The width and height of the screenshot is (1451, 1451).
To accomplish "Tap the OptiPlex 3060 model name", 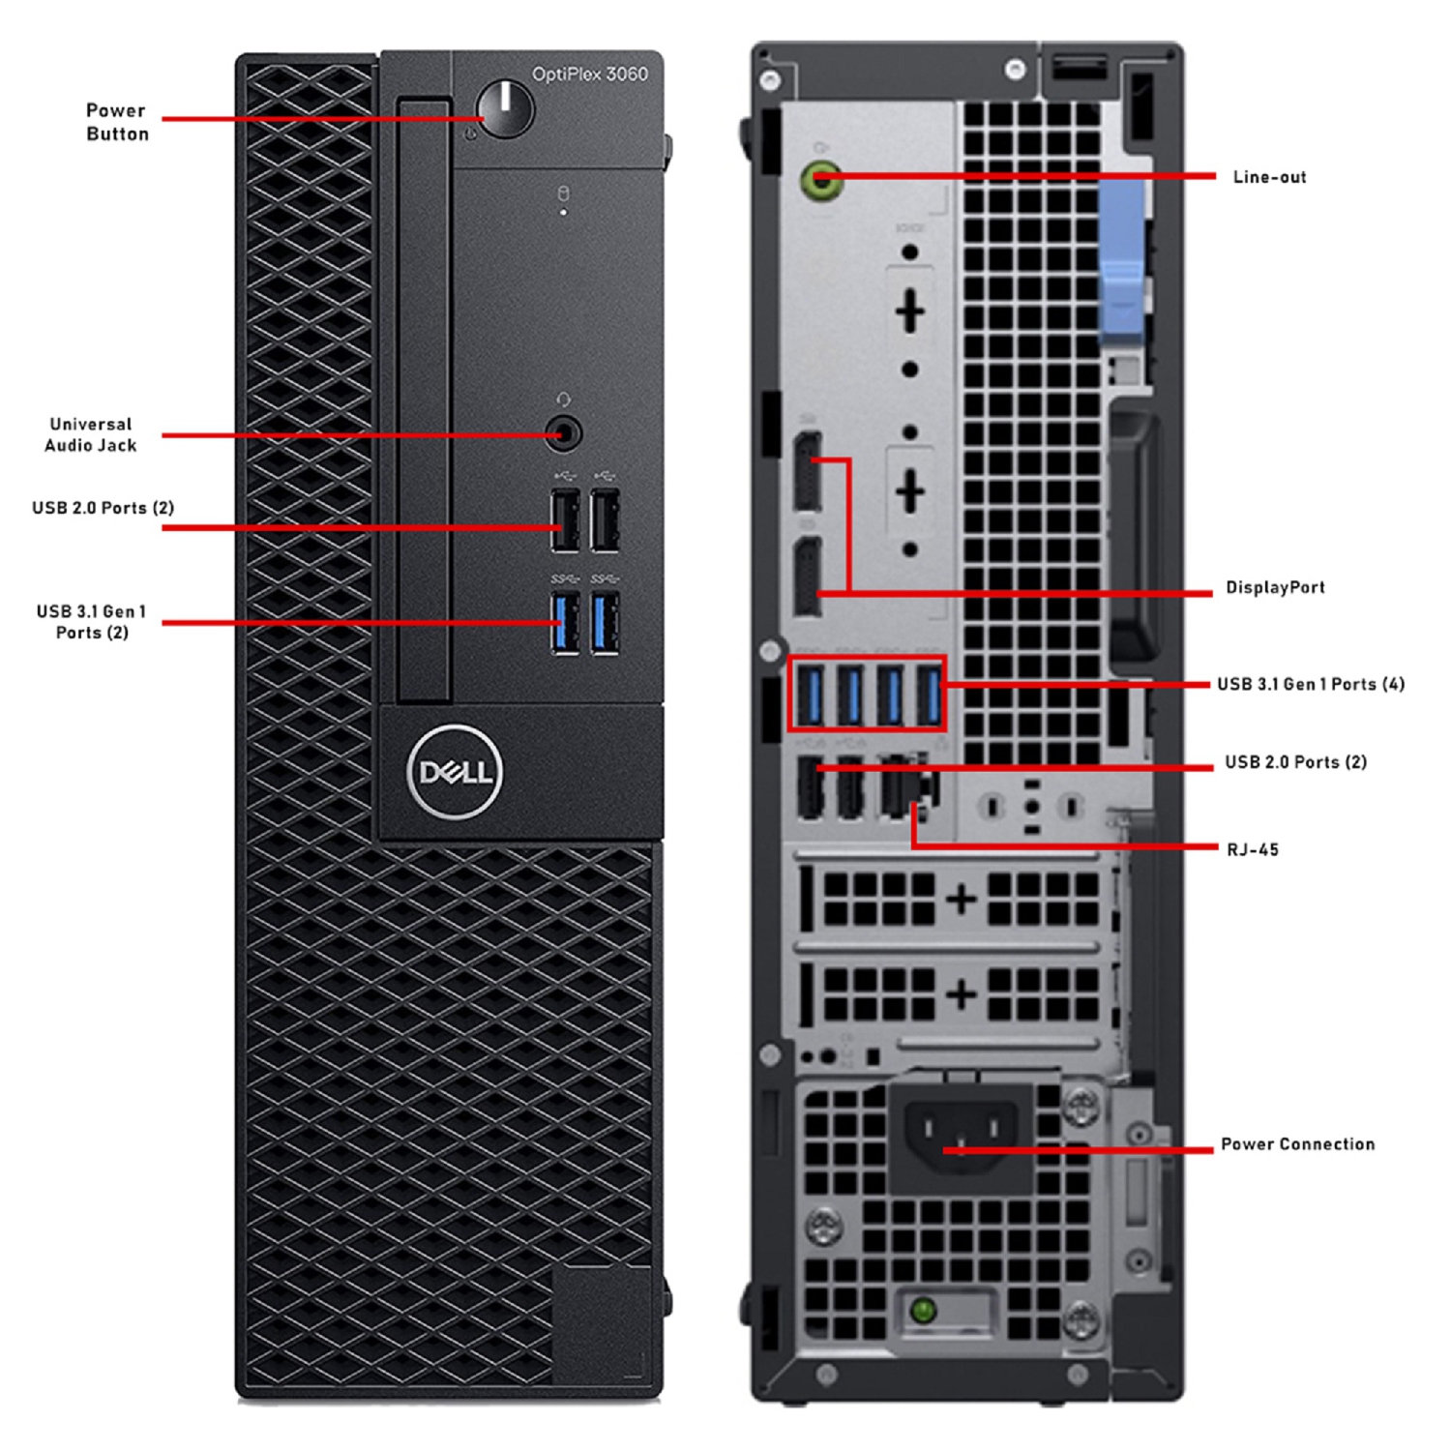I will click(x=589, y=74).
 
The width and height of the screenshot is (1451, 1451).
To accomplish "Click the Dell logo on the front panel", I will click(x=455, y=772).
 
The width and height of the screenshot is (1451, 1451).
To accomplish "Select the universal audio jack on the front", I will click(x=563, y=432).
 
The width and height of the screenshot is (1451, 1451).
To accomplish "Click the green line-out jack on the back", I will click(x=821, y=179).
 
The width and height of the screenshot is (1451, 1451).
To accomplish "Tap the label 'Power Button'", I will click(x=117, y=122).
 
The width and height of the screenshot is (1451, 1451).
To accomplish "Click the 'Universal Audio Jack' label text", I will click(x=91, y=434).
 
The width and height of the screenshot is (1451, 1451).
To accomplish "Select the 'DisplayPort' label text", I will click(x=1275, y=587).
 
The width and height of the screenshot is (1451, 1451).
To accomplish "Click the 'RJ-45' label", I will click(x=1253, y=849).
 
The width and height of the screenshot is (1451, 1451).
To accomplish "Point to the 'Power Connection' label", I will click(x=1297, y=1144).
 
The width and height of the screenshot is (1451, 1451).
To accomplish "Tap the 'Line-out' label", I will click(x=1269, y=177).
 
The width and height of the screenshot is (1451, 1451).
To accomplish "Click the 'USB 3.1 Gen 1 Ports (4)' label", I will click(x=1311, y=684).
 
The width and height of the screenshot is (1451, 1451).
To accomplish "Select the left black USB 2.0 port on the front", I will click(x=565, y=521).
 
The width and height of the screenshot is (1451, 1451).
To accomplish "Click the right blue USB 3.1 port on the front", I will click(x=606, y=623).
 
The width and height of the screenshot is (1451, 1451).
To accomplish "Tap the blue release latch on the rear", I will click(x=1122, y=261).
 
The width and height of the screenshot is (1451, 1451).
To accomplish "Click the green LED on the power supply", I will click(x=923, y=1311).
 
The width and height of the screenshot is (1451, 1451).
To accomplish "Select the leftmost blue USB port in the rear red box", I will click(x=811, y=695).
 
